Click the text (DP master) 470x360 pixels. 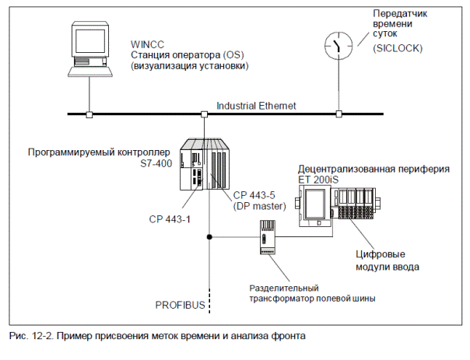click(261, 205)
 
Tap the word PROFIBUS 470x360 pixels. click(180, 304)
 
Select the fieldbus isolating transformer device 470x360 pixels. click(266, 236)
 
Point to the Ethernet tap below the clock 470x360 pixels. click(338, 114)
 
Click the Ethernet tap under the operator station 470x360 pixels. click(89, 114)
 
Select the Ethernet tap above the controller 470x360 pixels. click(205, 114)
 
